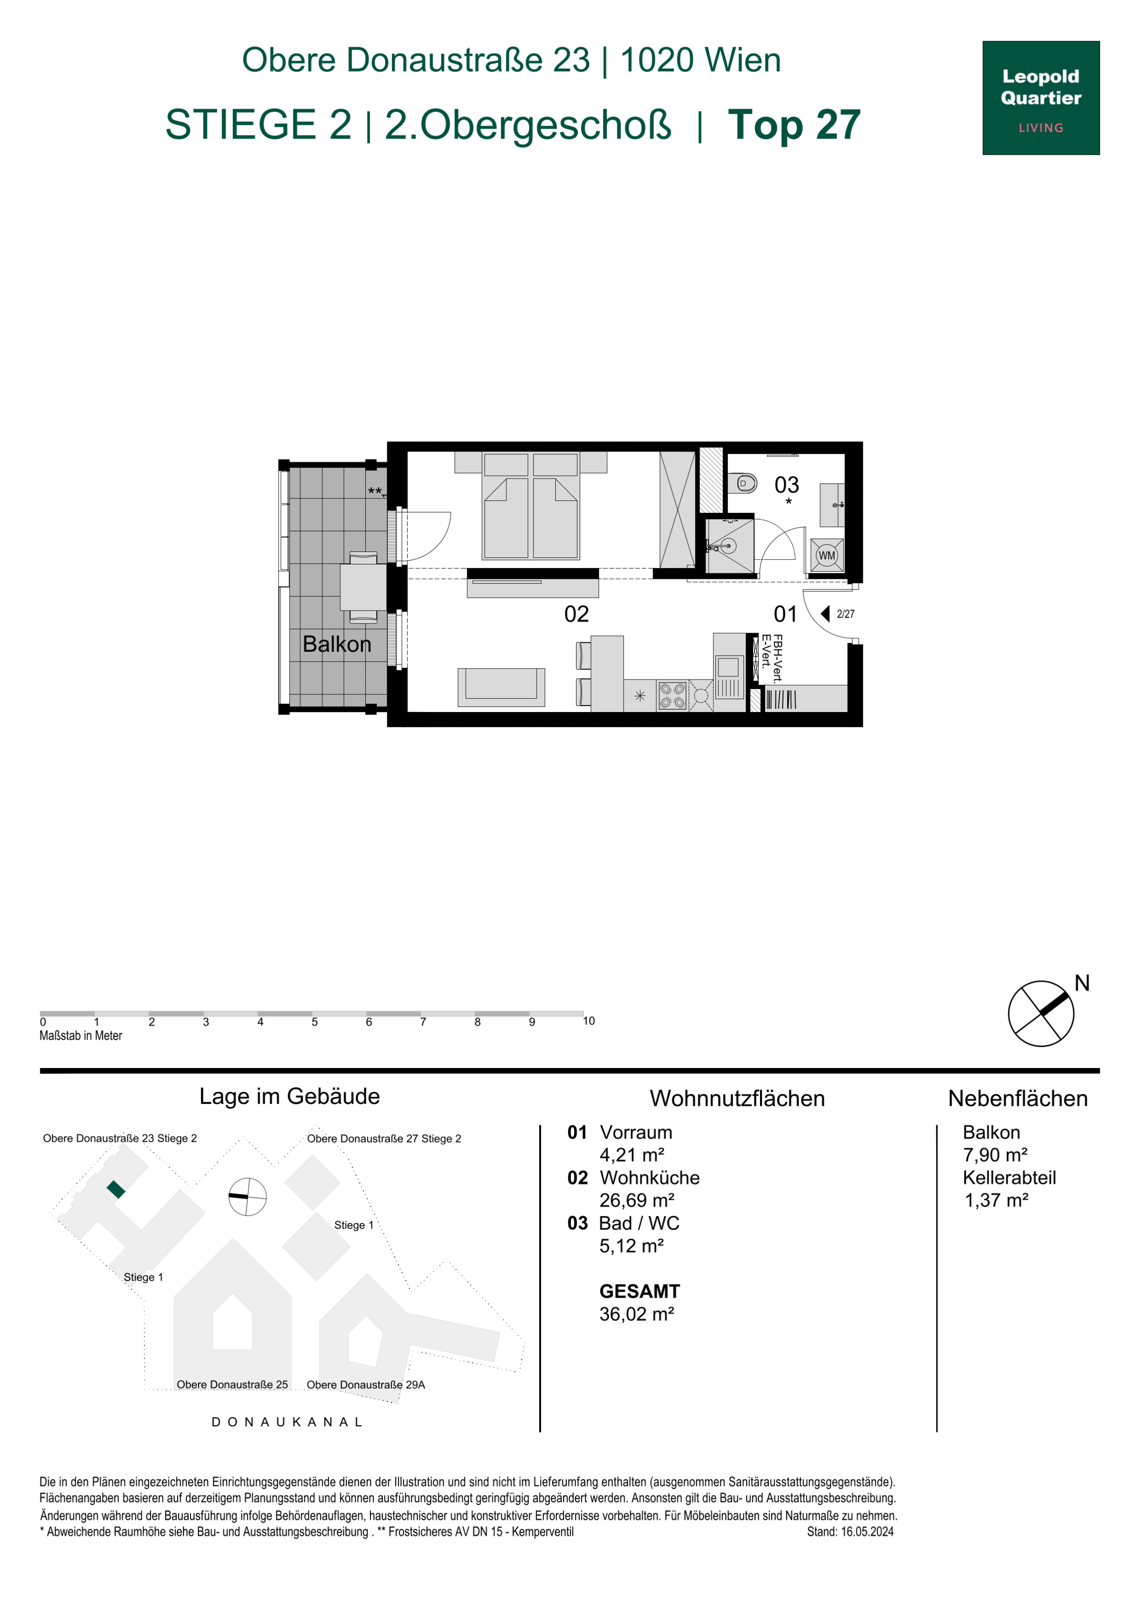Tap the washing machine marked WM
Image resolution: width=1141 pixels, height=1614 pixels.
tap(827, 555)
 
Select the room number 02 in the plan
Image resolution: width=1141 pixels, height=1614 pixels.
tap(576, 614)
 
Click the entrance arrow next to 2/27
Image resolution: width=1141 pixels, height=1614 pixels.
tap(826, 614)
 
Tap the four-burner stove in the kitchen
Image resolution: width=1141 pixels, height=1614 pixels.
tap(672, 696)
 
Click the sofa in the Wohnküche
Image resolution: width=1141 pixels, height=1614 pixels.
tap(501, 687)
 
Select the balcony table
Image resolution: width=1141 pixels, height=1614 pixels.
tap(363, 587)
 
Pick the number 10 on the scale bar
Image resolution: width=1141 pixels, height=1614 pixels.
tap(588, 1021)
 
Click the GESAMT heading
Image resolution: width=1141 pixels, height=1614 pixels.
tap(639, 1291)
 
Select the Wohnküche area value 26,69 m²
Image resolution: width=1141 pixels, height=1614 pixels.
tap(636, 1200)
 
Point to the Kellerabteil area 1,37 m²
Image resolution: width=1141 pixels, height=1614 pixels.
tap(996, 1200)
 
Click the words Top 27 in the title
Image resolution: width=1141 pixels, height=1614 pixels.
tap(794, 125)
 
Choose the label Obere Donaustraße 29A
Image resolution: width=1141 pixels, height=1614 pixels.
tap(366, 1385)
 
